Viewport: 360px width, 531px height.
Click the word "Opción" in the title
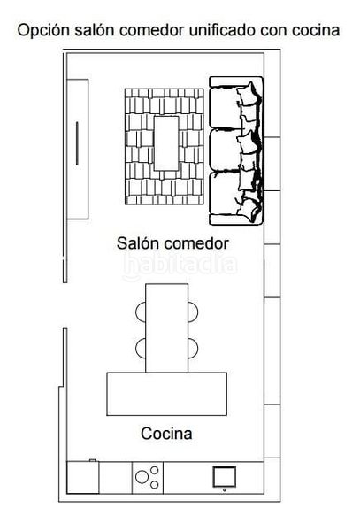coord(44,30)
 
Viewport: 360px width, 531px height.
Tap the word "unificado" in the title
coord(222,30)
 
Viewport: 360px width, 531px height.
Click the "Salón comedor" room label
coord(172,243)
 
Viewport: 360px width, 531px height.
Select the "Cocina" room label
coord(166,434)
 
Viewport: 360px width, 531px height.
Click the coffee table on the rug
coord(166,143)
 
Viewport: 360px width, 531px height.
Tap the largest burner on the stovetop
coord(142,477)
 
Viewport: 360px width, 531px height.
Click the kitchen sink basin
coord(224,476)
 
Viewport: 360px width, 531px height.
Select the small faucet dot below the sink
coord(225,490)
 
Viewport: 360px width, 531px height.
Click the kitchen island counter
coord(167,394)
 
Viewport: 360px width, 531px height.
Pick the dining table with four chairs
coord(167,327)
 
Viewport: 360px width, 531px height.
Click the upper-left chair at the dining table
coord(141,312)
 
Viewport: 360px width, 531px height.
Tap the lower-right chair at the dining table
coord(193,348)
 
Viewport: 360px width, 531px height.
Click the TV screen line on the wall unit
coord(77,143)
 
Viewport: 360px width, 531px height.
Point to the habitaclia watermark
coord(180,265)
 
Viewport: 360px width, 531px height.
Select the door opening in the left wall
coord(65,305)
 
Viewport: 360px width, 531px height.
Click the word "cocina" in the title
coord(316,30)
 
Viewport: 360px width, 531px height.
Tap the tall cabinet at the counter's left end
coord(83,477)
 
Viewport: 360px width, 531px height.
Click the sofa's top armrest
coord(236,81)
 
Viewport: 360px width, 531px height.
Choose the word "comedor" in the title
coord(153,30)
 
